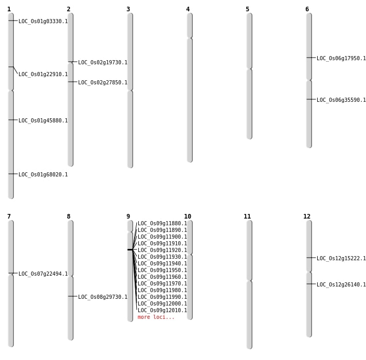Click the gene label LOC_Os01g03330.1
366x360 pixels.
click(43, 21)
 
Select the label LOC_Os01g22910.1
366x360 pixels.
click(43, 74)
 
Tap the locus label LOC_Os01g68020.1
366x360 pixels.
click(43, 174)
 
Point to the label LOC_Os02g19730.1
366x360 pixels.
click(103, 62)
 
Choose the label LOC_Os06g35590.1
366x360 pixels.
click(341, 100)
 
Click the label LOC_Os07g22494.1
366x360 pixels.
click(43, 274)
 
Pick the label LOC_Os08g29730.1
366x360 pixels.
click(103, 297)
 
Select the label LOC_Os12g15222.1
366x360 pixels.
click(341, 258)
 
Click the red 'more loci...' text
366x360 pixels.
click(156, 317)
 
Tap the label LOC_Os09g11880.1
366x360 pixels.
click(162, 223)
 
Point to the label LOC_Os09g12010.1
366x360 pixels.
click(162, 310)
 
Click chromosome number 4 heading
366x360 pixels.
click(188, 9)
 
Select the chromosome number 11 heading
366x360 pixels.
click(247, 217)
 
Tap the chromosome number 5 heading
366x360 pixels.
click(247, 9)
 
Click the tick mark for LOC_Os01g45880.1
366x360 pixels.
click(13, 120)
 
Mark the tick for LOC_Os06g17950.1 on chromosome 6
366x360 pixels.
click(311, 58)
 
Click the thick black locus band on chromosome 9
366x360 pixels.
click(130, 249)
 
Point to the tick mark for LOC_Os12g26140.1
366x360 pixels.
click(311, 284)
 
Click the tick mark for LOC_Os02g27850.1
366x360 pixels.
click(72, 82)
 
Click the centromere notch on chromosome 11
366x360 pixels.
click(249, 280)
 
